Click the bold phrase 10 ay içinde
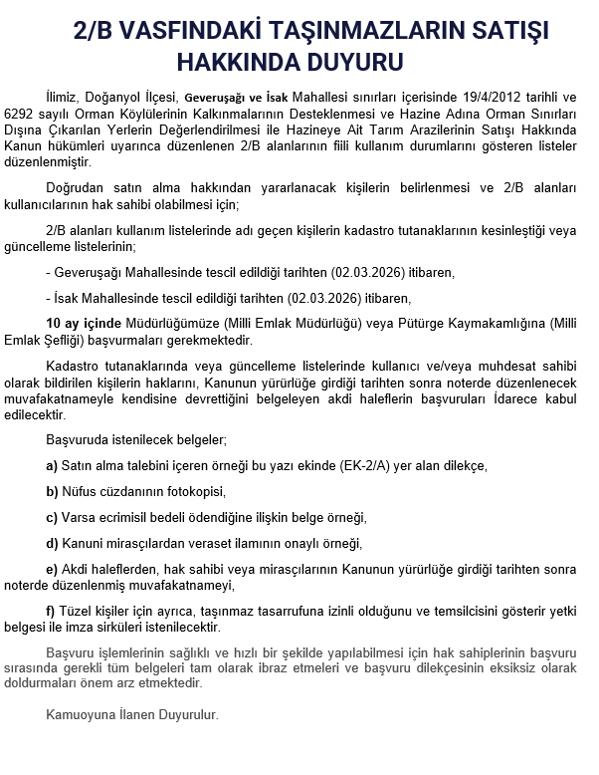(x=83, y=323)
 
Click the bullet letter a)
(x=52, y=465)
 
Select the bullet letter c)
(x=52, y=517)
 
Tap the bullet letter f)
(x=51, y=611)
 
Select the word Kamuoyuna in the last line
(x=78, y=714)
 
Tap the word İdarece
(x=502, y=396)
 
